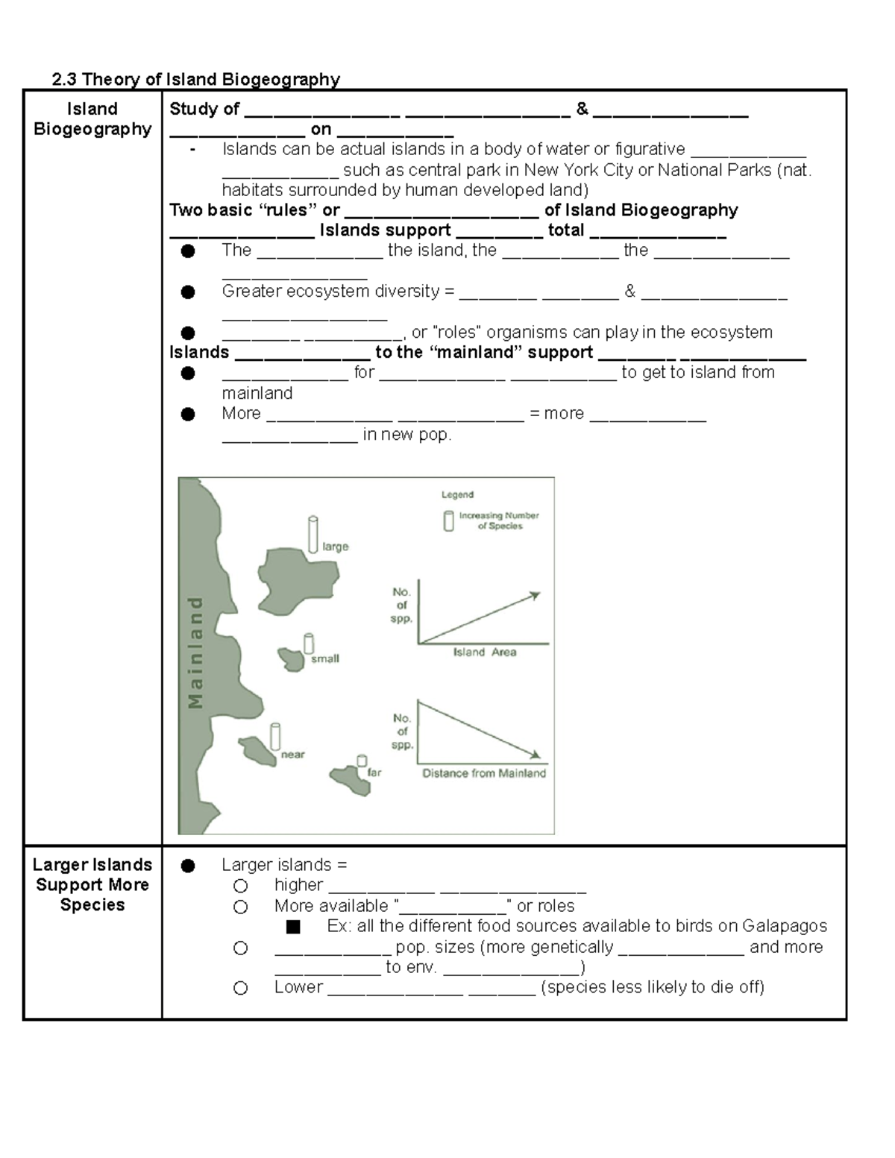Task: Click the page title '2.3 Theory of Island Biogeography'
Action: tap(195, 79)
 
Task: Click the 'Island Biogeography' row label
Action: tap(92, 119)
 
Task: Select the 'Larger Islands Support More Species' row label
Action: tap(92, 884)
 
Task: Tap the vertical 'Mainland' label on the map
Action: tap(195, 652)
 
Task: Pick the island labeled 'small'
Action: tap(292, 658)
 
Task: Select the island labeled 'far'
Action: tap(351, 780)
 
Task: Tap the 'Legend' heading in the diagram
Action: tap(457, 494)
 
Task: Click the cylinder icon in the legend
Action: tap(448, 520)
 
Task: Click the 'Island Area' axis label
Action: tap(484, 652)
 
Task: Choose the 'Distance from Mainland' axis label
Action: tap(484, 773)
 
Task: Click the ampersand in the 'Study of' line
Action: tap(582, 109)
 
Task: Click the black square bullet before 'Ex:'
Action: tap(292, 927)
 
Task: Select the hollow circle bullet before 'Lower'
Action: tap(240, 988)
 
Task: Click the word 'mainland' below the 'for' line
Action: tap(257, 393)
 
